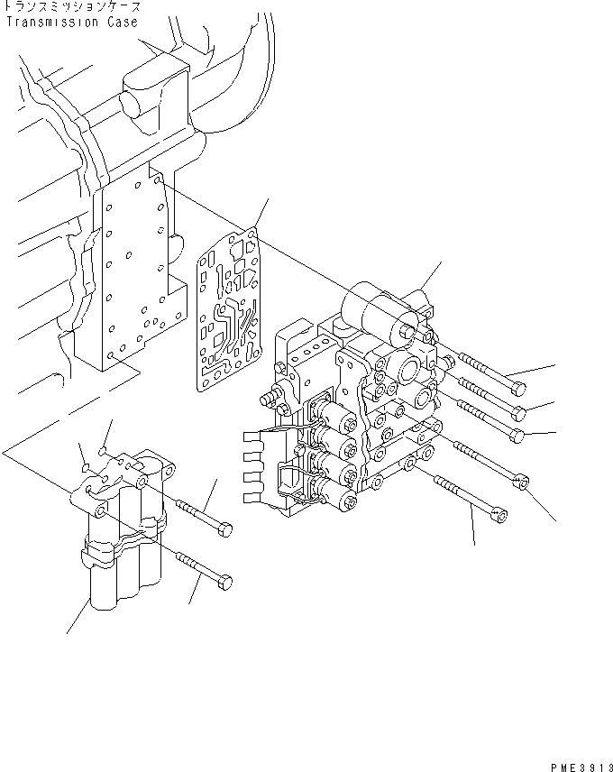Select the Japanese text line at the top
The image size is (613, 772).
pyautogui.click(x=72, y=7)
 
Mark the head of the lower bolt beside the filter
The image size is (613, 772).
pyautogui.click(x=225, y=581)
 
